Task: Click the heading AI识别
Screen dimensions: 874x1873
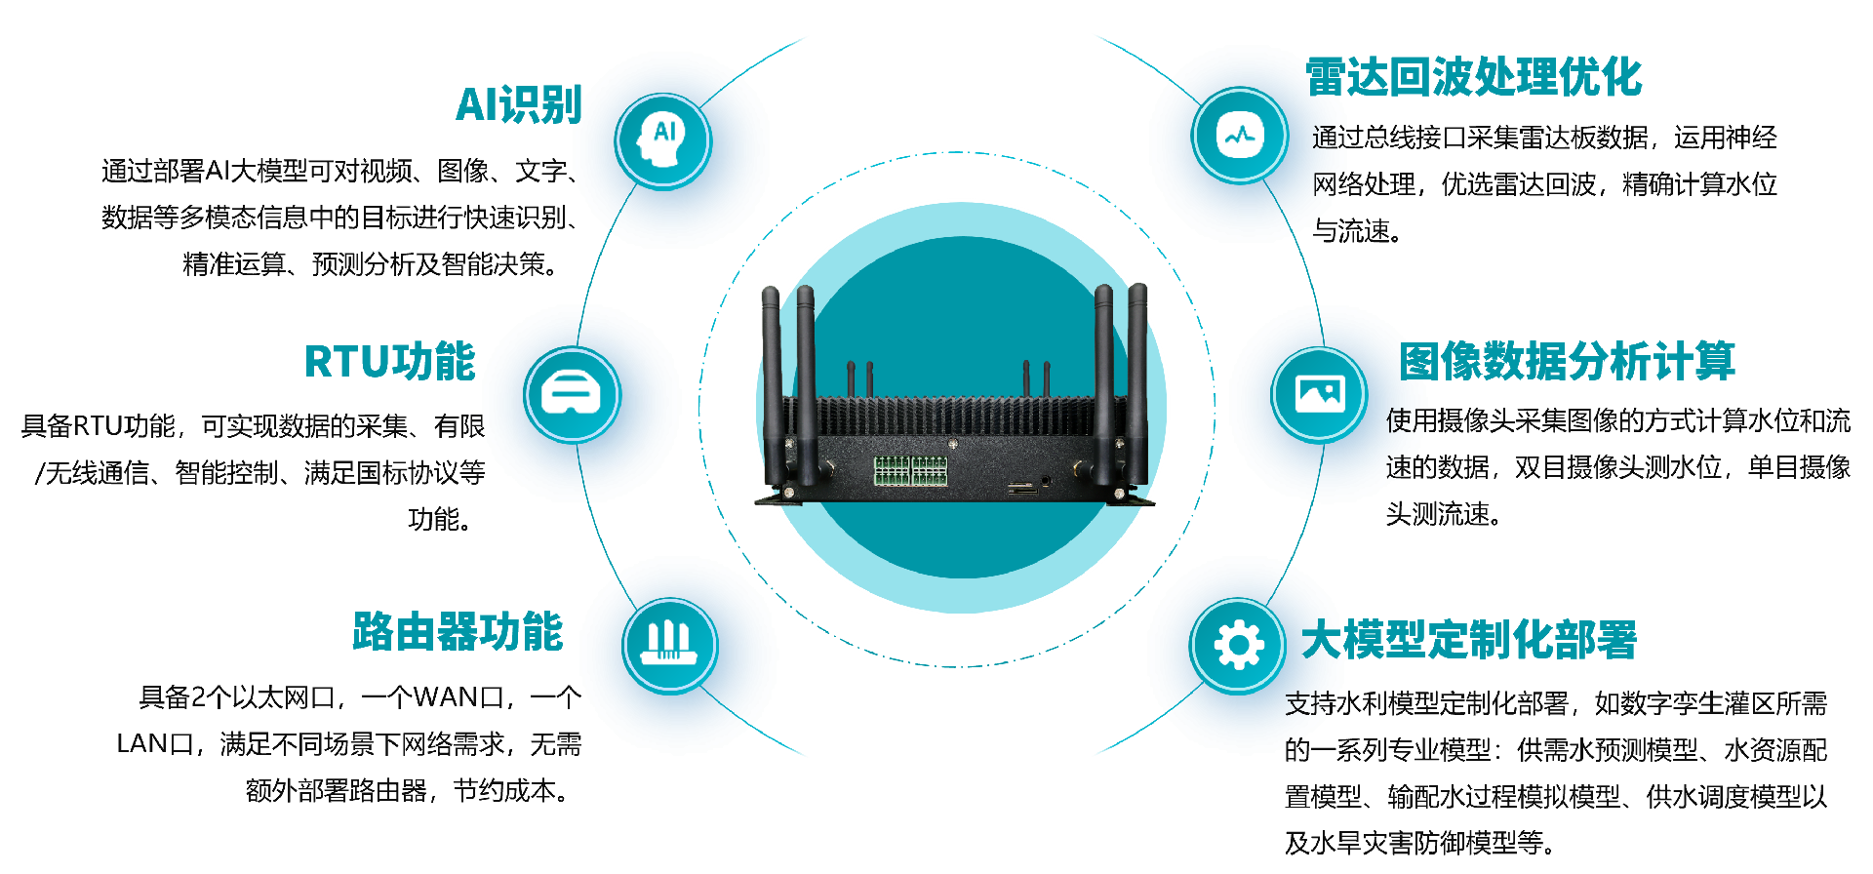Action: (518, 105)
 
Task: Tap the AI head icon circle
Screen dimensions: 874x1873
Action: (663, 140)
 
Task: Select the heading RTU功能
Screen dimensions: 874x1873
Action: (389, 361)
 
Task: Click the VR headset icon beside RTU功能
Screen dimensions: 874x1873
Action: (572, 394)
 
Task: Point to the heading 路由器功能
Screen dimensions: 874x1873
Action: (458, 632)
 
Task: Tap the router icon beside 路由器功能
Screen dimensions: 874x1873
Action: (670, 645)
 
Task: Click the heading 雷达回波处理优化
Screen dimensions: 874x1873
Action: (1473, 77)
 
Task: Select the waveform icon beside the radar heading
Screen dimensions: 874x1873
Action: (1240, 135)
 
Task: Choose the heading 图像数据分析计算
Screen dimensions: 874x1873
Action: (1567, 361)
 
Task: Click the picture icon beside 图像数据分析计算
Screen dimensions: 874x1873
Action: (1319, 394)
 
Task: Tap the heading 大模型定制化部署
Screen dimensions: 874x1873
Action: (1468, 640)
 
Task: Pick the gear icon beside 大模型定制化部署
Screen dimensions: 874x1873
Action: (1238, 645)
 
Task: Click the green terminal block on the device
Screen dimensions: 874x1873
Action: (910, 469)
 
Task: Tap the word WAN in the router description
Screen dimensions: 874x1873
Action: (444, 697)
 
